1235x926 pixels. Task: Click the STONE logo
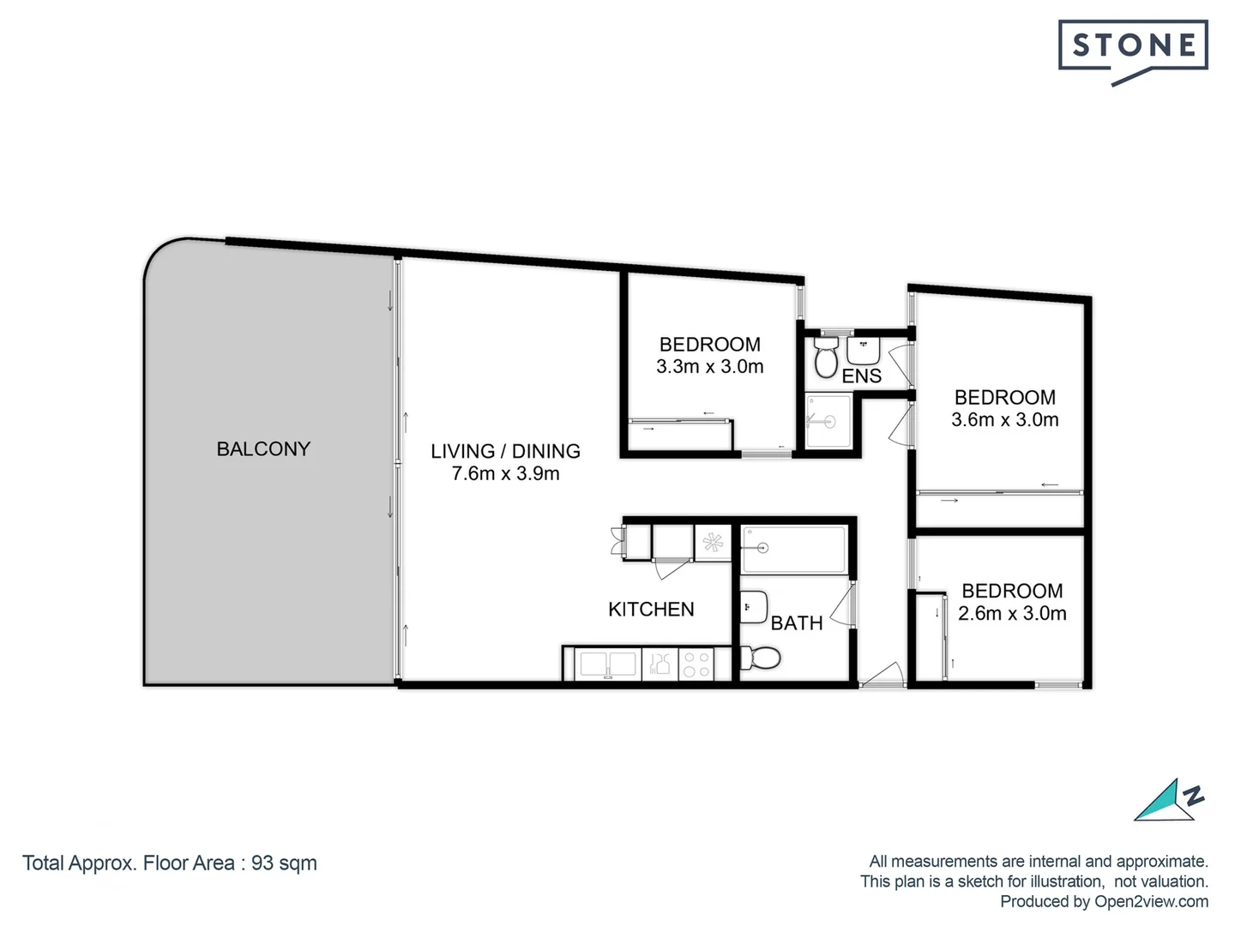[1133, 48]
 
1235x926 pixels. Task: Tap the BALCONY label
[263, 448]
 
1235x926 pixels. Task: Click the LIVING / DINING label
[505, 451]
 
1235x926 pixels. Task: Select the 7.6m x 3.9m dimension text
[505, 473]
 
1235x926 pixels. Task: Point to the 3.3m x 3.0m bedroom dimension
[709, 367]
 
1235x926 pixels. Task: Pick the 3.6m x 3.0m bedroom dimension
[1004, 420]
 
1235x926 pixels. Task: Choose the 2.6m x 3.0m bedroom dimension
[1012, 614]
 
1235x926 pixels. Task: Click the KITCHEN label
[651, 610]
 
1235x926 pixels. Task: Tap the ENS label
[861, 376]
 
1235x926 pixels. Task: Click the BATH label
[796, 623]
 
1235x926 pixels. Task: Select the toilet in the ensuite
[826, 357]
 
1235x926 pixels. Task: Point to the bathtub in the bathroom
[794, 550]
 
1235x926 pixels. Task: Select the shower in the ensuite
[828, 421]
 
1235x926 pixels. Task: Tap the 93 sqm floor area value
[284, 863]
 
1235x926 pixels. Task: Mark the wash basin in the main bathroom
[754, 606]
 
